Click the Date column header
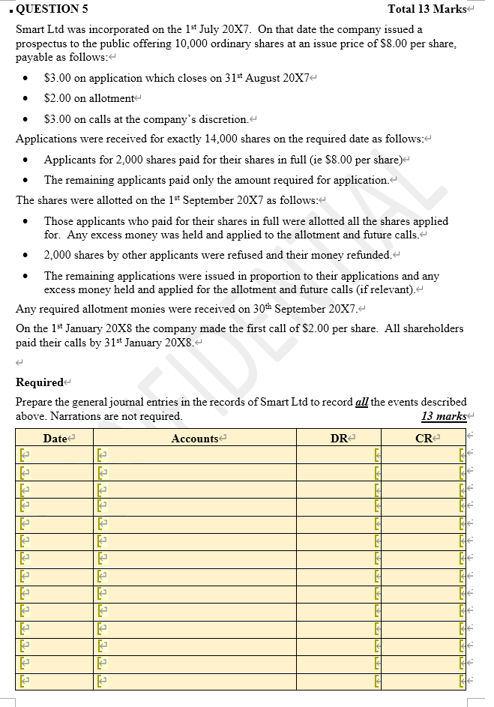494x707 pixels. point(55,439)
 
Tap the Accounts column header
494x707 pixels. point(194,439)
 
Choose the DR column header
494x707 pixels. point(338,439)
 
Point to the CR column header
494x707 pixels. point(424,439)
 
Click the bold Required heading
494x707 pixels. point(39,382)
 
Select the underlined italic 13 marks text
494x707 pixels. point(444,416)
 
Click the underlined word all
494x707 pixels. point(361,402)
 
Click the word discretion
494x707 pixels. point(223,119)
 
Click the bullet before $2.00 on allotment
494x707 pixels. point(27,99)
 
